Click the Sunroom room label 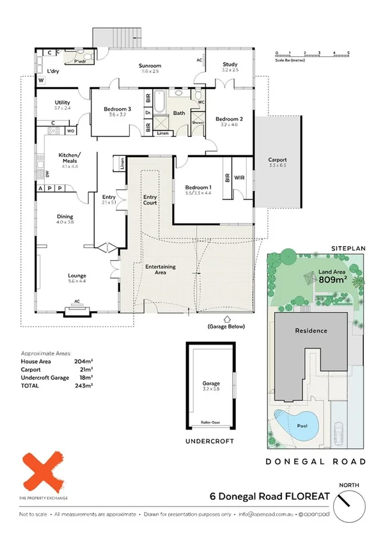tap(151, 66)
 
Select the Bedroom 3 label tap(118, 109)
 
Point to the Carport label tap(277, 160)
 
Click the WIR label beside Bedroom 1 tap(240, 178)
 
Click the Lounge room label tap(77, 276)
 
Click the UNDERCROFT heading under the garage tap(210, 441)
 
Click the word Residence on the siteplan tap(311, 330)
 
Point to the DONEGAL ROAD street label tap(317, 461)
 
